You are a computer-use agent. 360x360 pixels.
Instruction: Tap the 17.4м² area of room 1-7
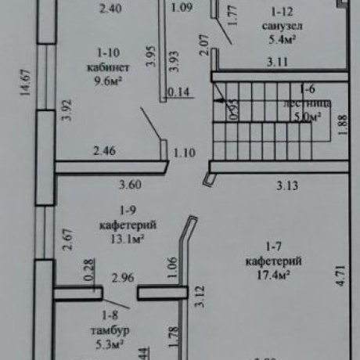point(267,275)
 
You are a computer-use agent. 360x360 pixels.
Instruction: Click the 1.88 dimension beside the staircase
point(342,125)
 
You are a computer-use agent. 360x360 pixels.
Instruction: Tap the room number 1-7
point(268,249)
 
